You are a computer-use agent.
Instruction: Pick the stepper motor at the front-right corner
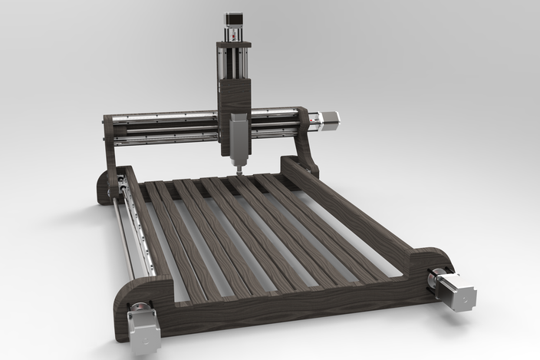pyautogui.click(x=458, y=292)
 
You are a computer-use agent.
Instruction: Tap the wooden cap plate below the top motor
pyautogui.click(x=233, y=45)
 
